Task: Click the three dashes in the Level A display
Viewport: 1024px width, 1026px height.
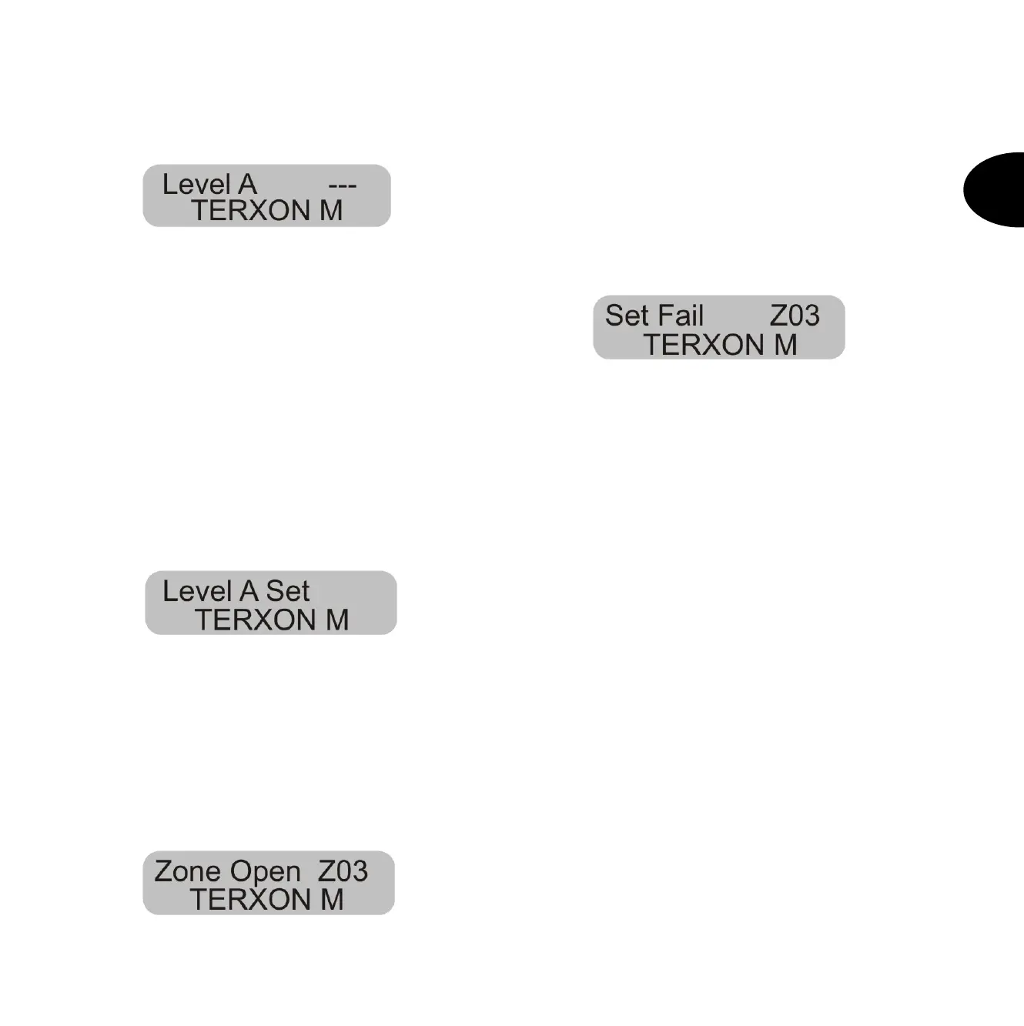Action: point(342,186)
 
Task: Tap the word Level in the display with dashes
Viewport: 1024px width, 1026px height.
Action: point(196,185)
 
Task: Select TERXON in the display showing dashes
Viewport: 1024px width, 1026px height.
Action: point(250,210)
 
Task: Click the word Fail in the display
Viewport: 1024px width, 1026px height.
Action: point(681,316)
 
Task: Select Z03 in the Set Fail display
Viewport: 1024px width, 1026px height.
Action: point(795,316)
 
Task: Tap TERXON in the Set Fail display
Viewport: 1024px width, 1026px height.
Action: point(704,345)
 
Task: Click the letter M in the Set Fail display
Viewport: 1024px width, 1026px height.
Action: point(785,345)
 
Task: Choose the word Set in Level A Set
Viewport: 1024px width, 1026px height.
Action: point(288,591)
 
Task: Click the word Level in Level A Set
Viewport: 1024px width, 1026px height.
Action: point(197,591)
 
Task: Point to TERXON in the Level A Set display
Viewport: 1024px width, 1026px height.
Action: point(255,620)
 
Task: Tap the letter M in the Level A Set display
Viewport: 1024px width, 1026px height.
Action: point(337,620)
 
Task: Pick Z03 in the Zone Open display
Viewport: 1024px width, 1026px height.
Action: point(343,871)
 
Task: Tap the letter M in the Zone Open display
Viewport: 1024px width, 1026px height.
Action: point(332,899)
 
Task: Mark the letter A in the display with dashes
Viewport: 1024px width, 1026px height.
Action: point(247,185)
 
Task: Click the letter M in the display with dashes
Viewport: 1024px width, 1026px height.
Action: point(331,210)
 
